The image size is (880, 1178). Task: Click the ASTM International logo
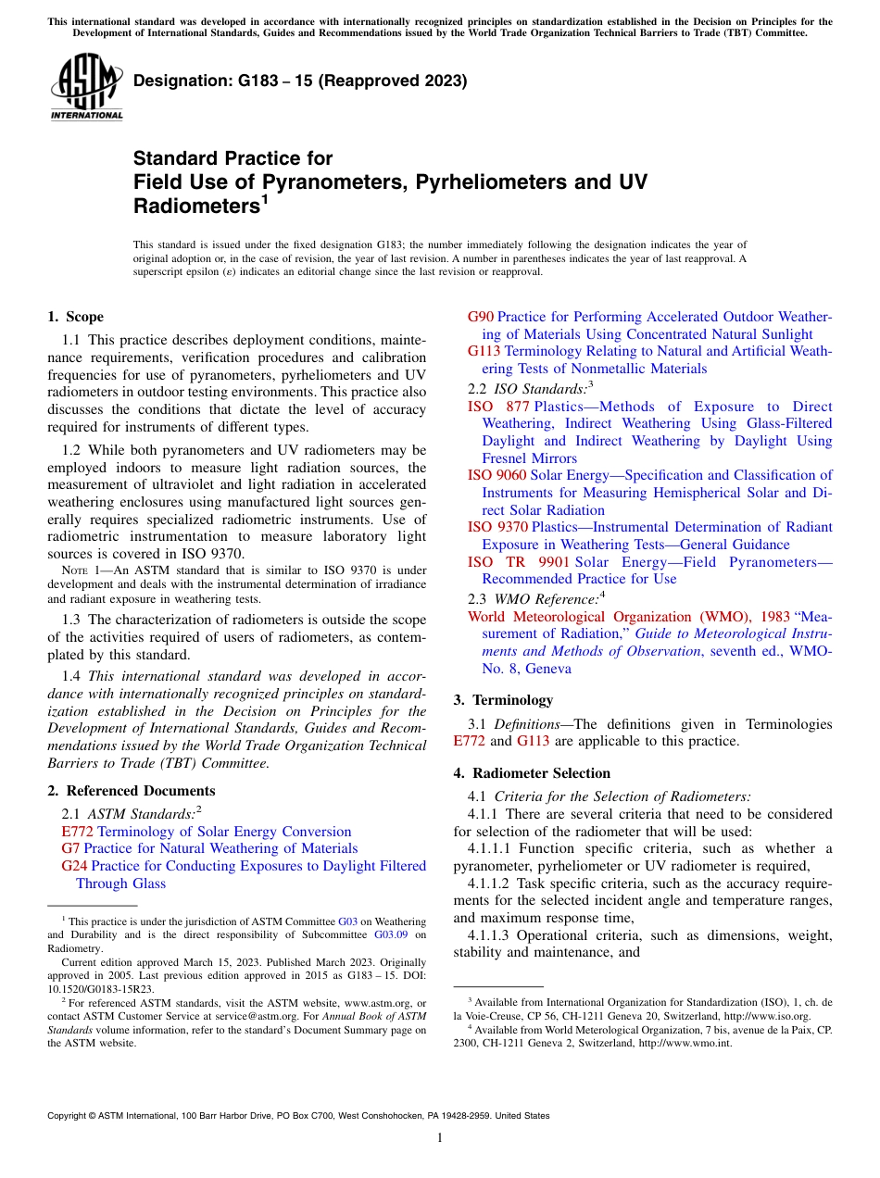tap(86, 87)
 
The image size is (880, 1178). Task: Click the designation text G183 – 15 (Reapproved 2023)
tap(300, 81)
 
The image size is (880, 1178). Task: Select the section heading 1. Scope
tap(76, 317)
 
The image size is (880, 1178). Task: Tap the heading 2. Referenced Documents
tap(132, 791)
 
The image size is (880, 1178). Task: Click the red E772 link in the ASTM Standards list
tap(77, 832)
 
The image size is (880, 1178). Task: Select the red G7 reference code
tap(70, 848)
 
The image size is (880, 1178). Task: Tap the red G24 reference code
tap(74, 866)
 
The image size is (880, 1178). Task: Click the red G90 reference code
tap(481, 317)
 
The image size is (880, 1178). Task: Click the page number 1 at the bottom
tap(440, 1138)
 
